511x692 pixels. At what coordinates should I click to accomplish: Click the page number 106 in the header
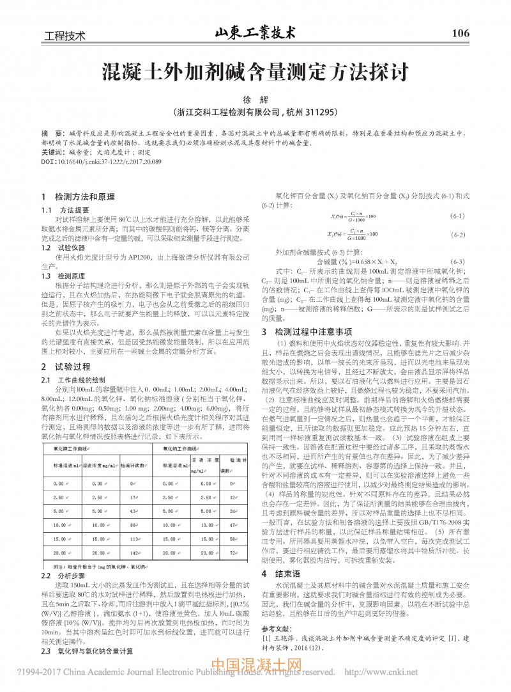click(460, 33)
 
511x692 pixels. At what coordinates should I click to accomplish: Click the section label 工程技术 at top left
click(63, 35)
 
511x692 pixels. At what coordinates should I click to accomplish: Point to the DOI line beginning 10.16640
click(102, 163)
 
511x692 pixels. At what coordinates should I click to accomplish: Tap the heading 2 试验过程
click(64, 367)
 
